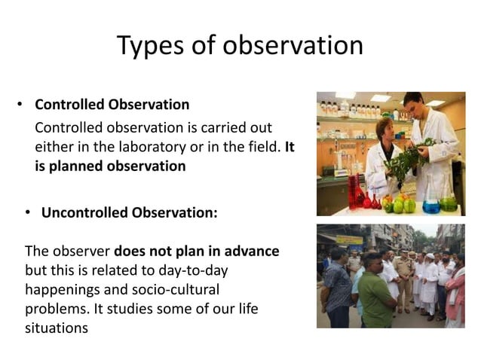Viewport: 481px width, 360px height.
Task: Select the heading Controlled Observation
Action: [112, 104]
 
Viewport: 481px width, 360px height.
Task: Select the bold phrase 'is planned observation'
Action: [110, 166]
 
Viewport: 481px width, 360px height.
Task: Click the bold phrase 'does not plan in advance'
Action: [197, 251]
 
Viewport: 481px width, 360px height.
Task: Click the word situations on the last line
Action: [57, 328]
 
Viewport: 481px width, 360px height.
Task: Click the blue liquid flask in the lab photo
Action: [432, 203]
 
